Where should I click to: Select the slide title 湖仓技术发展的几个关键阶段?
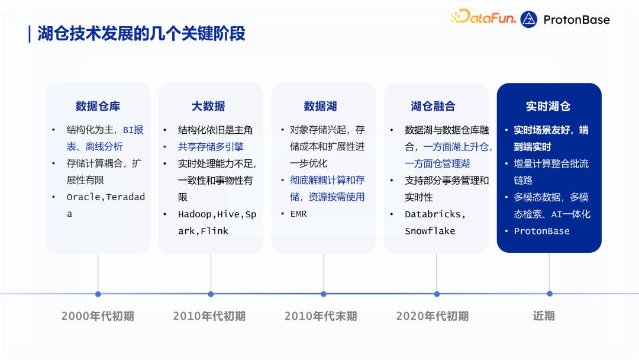click(141, 34)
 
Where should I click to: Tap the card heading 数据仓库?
click(98, 107)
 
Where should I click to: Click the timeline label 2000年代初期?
click(98, 316)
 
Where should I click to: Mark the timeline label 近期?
click(544, 316)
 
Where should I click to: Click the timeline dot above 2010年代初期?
click(211, 294)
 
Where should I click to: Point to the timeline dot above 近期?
click(550, 294)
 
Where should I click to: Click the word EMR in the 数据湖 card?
click(298, 214)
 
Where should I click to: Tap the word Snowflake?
click(430, 231)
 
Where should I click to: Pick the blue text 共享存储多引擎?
click(211, 147)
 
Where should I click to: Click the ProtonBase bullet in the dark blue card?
click(542, 231)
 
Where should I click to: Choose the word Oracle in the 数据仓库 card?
click(83, 197)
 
